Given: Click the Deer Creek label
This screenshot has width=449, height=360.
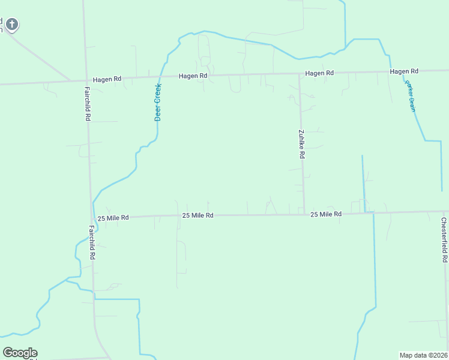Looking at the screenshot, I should tap(158, 102).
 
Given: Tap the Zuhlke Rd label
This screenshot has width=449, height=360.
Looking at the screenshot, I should tap(302, 144).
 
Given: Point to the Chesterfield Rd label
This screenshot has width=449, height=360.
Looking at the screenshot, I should tap(444, 239).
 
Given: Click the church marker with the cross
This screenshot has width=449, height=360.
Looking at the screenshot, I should tap(11, 25).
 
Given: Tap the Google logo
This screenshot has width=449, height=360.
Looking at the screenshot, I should tap(20, 353).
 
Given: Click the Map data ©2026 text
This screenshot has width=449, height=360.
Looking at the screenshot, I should tap(423, 355).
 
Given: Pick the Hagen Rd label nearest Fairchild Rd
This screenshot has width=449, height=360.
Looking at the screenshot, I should tap(107, 79).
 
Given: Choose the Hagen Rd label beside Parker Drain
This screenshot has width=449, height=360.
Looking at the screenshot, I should tap(403, 71).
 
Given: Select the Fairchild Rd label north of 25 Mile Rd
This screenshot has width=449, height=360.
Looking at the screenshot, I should tap(87, 103).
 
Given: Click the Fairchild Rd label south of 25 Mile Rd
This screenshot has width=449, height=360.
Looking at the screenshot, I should tap(92, 242).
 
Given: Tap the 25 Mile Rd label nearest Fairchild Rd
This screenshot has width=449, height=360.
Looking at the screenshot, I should tap(113, 218).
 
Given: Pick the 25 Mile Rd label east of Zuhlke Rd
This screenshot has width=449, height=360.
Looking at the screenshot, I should tap(326, 214).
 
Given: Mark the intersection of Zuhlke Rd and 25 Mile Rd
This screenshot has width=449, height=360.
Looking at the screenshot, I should tap(304, 214).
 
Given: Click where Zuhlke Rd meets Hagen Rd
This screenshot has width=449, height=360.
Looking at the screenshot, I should tap(300, 74).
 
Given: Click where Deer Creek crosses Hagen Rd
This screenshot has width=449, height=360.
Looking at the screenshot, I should tap(160, 77).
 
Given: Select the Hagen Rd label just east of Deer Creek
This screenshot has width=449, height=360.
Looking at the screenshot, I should tap(193, 76).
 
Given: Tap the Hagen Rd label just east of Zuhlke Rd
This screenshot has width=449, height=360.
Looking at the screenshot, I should tap(319, 73).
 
